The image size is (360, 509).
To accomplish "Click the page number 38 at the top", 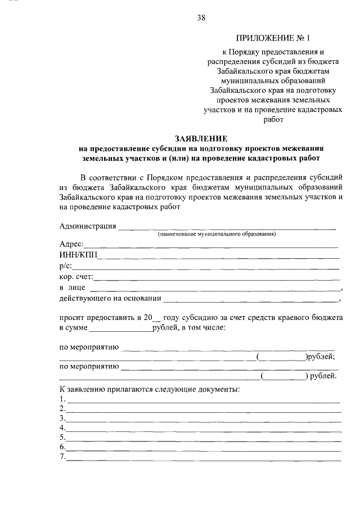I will (x=201, y=17).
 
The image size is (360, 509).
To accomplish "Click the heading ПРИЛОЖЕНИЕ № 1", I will (x=273, y=38).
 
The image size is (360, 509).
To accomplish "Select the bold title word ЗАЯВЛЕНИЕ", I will (x=200, y=138).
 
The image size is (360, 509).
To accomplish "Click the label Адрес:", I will (x=71, y=244).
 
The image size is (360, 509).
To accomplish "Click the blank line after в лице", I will (x=217, y=289).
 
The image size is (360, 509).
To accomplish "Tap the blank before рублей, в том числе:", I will (x=120, y=330).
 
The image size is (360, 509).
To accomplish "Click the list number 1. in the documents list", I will (x=62, y=400).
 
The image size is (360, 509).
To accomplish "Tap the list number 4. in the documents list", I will (x=62, y=428).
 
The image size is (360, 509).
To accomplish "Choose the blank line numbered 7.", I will (x=203, y=458).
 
